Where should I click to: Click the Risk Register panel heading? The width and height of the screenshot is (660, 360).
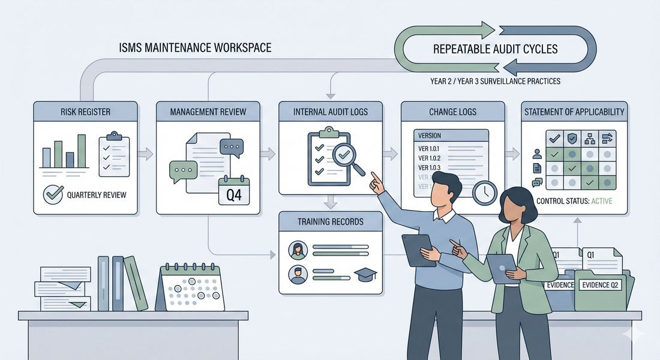coord(85,112)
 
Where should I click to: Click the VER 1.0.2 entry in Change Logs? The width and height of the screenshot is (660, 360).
coord(429,158)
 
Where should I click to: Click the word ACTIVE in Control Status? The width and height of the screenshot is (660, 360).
coord(602,201)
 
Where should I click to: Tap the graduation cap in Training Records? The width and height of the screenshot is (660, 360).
coord(365,275)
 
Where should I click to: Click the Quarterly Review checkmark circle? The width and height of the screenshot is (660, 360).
coord(53,194)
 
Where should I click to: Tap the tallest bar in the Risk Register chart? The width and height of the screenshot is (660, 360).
coord(82,151)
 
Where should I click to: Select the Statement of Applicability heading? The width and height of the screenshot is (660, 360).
coord(574,112)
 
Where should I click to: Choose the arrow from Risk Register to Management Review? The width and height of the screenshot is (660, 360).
coord(145,154)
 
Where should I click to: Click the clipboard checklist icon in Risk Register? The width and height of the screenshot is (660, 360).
coord(114,155)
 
